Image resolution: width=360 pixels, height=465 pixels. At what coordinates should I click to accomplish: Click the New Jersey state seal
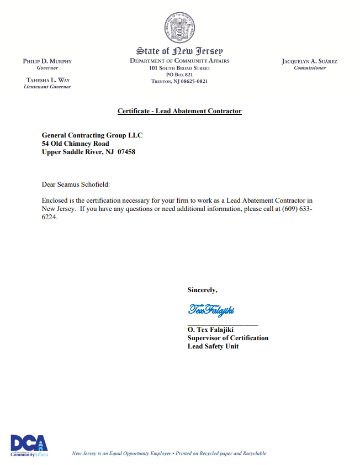point(179,28)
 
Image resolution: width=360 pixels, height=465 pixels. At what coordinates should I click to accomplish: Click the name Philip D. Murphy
point(47,61)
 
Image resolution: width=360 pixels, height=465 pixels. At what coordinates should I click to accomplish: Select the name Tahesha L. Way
point(47,80)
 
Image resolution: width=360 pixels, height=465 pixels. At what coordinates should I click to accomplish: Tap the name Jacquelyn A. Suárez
point(309,61)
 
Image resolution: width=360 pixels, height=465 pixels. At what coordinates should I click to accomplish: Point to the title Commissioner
point(309,68)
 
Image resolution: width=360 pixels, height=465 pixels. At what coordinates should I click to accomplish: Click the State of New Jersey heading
point(179,51)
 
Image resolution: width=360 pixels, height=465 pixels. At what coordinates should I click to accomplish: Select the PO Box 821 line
point(179,75)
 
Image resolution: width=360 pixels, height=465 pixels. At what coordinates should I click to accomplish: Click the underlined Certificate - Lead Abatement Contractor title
point(179,111)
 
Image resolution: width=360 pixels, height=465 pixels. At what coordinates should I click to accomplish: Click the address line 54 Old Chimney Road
point(76,144)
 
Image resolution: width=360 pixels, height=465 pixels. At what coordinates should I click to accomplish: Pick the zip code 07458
point(126,152)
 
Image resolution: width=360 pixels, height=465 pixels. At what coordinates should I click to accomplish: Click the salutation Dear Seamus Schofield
point(80,184)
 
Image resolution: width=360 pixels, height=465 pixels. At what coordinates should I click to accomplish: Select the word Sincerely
point(202,289)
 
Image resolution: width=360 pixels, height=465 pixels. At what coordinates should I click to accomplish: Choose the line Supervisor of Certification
point(227,338)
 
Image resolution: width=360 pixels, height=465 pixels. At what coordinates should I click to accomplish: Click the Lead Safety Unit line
point(213,346)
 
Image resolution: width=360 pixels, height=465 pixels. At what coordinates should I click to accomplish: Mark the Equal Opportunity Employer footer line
point(169,453)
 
